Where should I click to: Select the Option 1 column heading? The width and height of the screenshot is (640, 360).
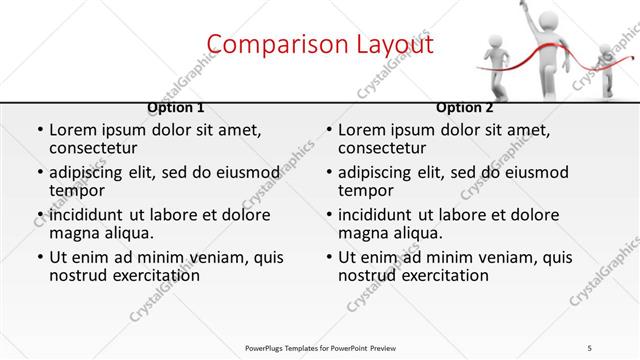point(176,107)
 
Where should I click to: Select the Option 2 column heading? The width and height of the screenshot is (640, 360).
point(465,107)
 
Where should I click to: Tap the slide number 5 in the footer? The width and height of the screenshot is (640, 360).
point(591,348)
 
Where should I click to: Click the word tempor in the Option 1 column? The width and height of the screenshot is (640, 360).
point(77,190)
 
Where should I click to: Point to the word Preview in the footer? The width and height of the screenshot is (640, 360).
point(391,348)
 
